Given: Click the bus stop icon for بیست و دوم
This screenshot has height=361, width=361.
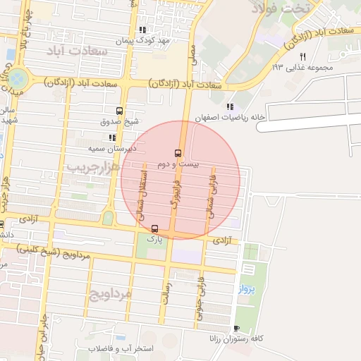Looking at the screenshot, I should tap(177, 152).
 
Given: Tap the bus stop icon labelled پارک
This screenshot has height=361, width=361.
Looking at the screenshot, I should tap(154, 228).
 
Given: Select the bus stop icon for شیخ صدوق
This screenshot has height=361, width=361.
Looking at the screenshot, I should tap(119, 111).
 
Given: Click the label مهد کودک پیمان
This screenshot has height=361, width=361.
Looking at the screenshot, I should tap(164, 41).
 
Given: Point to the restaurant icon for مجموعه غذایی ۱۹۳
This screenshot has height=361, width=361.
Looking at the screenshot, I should tap(302, 56).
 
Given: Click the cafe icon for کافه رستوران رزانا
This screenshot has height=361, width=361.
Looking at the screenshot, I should tap(236, 328).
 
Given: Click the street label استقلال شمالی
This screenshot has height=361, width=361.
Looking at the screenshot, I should tap(141, 195).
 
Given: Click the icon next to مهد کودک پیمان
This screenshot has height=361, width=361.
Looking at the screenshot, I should tap(143, 30).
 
